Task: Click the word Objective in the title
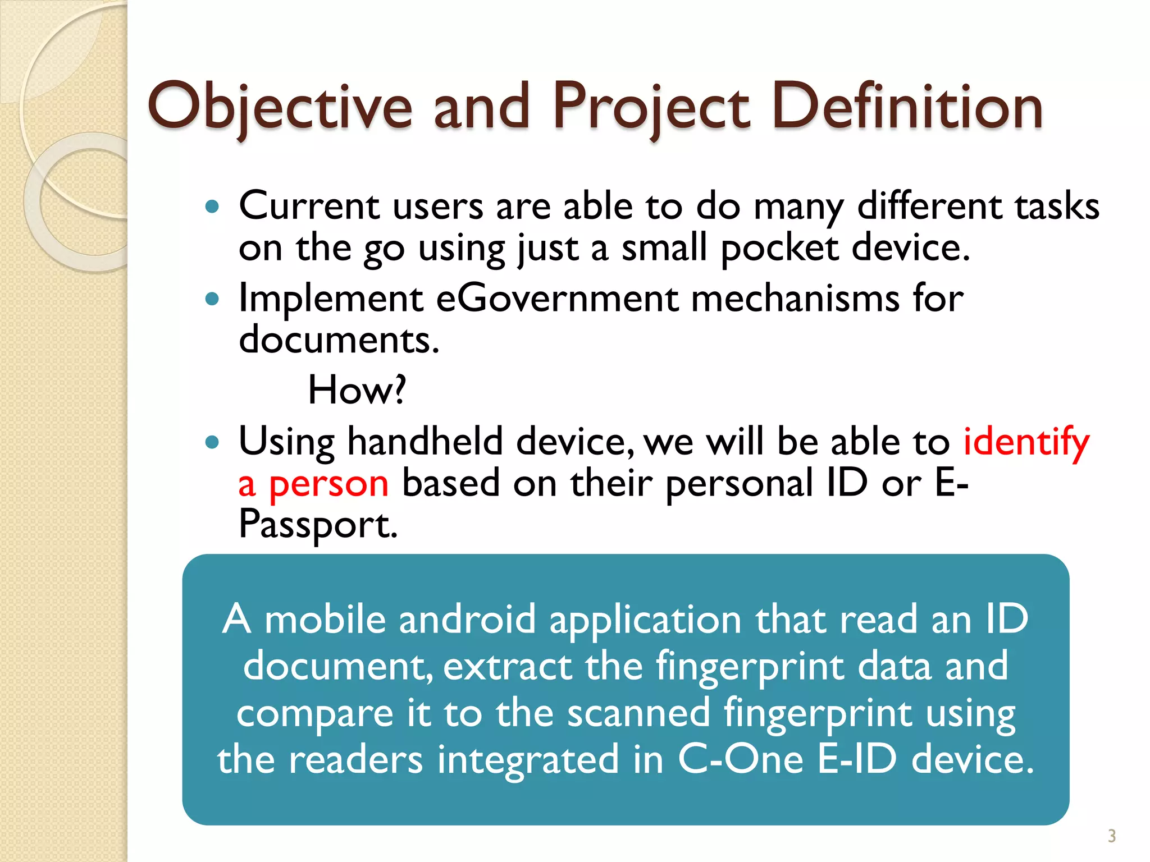[280, 107]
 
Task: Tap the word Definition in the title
[907, 107]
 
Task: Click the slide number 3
[1111, 836]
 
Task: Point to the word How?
[357, 389]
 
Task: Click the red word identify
[1026, 442]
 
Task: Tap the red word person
[328, 484]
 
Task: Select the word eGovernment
[557, 298]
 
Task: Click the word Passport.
[317, 525]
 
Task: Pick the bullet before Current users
[212, 207]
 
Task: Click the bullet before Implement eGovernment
[212, 299]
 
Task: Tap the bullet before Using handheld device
[212, 442]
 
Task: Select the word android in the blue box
[467, 620]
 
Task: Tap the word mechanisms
[795, 298]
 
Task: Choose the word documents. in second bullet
[339, 340]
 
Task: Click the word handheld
[425, 441]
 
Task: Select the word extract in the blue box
[507, 667]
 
